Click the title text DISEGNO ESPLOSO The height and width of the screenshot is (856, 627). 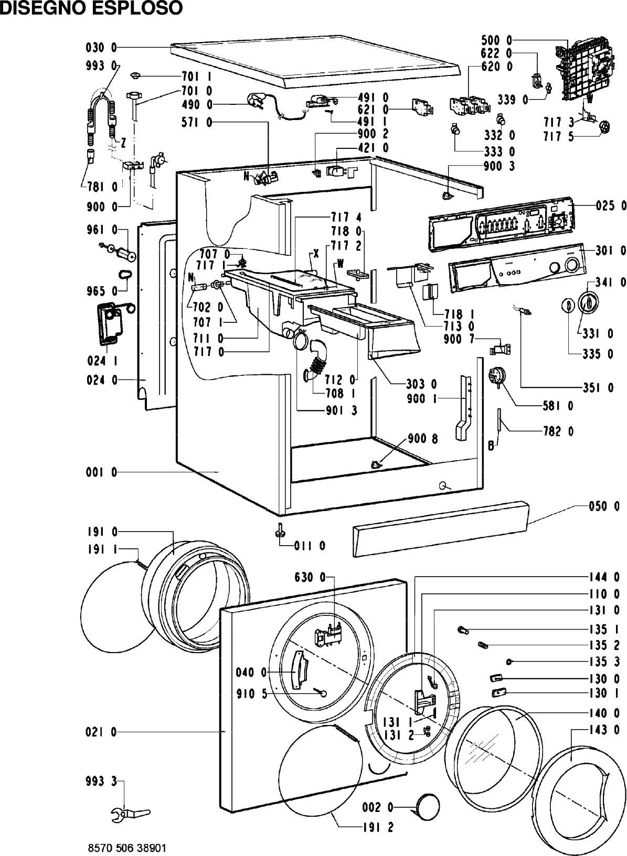[91, 8]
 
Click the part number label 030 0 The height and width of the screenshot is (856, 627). [101, 48]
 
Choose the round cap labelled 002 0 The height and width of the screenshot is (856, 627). [427, 806]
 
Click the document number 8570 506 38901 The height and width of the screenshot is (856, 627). [127, 848]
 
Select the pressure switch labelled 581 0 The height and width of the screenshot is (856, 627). [496, 376]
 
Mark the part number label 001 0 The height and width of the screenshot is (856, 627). [101, 473]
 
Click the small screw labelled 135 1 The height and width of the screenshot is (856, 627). [462, 630]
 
